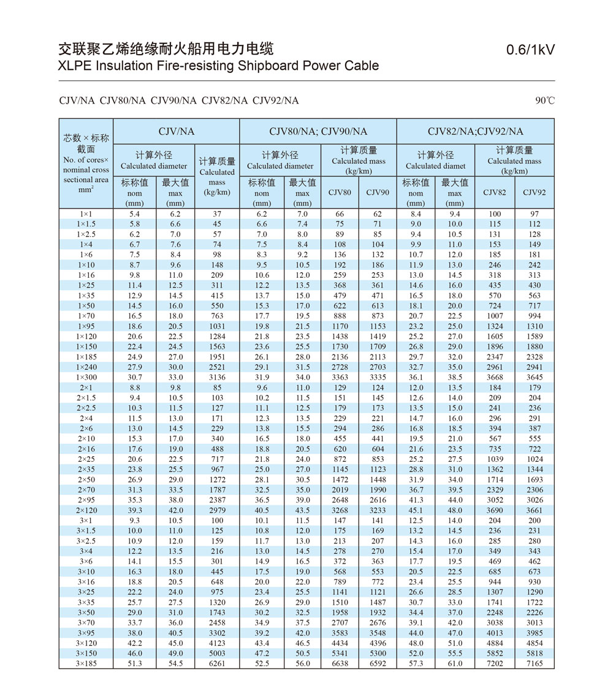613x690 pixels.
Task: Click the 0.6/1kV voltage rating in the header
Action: pyautogui.click(x=530, y=50)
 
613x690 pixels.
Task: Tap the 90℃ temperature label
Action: pyautogui.click(x=544, y=101)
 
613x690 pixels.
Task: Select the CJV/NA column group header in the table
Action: pyautogui.click(x=176, y=131)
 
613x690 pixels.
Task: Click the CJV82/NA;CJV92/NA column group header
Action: pyautogui.click(x=476, y=131)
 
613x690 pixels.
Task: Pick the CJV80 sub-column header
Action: pyautogui.click(x=340, y=193)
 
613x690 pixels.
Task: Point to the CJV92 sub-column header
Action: pyautogui.click(x=535, y=193)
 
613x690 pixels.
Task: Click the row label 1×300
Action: pyautogui.click(x=86, y=377)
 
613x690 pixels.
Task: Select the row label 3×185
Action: pyautogui.click(x=86, y=664)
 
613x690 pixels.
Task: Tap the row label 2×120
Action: pyautogui.click(x=86, y=510)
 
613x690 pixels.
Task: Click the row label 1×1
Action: pyautogui.click(x=86, y=214)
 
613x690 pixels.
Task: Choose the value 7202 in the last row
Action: pyautogui.click(x=494, y=664)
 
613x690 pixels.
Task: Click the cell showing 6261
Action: pyautogui.click(x=217, y=664)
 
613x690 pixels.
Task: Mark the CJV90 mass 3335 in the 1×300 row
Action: pyautogui.click(x=378, y=377)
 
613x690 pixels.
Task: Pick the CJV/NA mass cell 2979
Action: pyautogui.click(x=217, y=510)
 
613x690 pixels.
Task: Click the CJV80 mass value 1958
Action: pyautogui.click(x=340, y=613)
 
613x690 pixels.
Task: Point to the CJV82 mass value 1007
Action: pyautogui.click(x=494, y=316)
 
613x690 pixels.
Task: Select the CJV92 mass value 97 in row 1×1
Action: pyautogui.click(x=535, y=214)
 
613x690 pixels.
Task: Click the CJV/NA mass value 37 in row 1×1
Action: pyautogui.click(x=217, y=214)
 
